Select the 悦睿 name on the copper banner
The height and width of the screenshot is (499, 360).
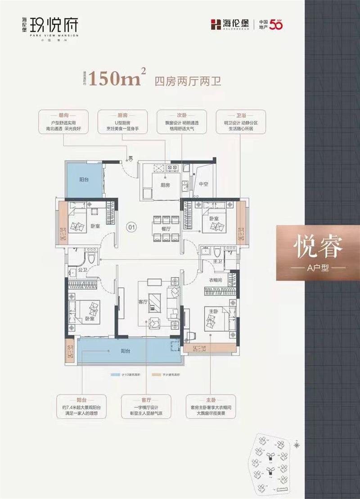[318, 247]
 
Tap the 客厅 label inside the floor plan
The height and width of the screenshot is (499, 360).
[143, 302]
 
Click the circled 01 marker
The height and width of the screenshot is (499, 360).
[131, 227]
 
